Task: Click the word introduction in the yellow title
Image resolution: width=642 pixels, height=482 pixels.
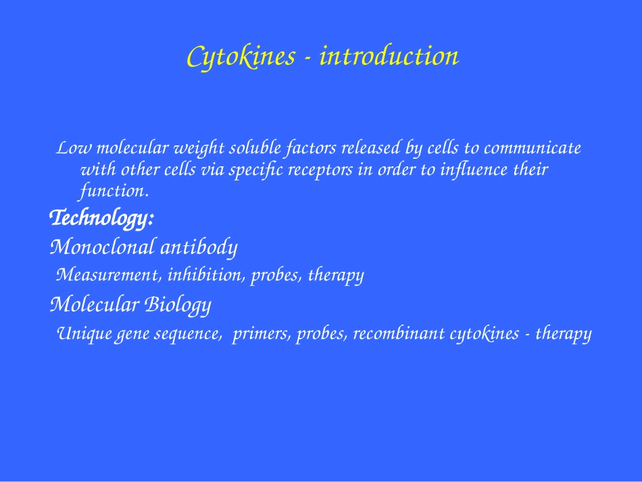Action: tap(389, 55)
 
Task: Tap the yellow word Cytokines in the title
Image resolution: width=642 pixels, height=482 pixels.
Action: tap(241, 57)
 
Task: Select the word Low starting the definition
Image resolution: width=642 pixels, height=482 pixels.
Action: tap(74, 148)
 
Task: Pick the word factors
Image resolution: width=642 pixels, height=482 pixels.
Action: tap(311, 149)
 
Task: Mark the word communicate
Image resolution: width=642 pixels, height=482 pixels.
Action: tap(533, 148)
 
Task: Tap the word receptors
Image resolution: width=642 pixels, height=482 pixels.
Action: tap(320, 170)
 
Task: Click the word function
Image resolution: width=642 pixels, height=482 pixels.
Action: tap(113, 191)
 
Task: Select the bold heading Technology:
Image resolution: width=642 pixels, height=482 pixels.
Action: tap(101, 218)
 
